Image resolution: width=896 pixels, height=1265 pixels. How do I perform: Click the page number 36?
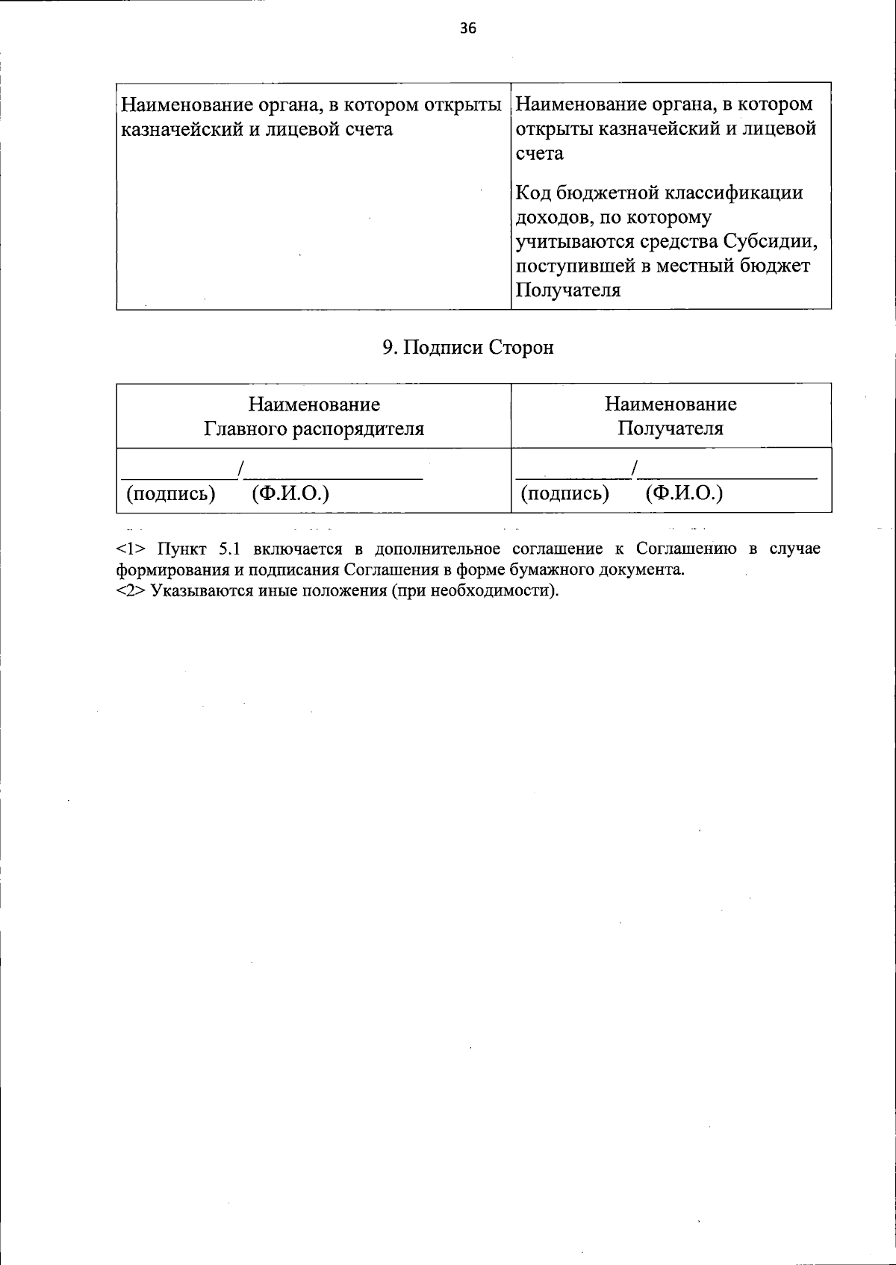[467, 29]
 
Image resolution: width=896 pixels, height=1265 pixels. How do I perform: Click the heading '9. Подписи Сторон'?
[468, 348]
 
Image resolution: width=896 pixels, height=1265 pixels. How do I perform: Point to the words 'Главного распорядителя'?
[314, 429]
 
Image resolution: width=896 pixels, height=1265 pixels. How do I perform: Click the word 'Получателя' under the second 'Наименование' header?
[671, 429]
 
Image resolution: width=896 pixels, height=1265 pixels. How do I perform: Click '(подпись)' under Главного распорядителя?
[171, 493]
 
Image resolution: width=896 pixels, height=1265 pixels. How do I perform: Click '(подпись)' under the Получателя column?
[565, 493]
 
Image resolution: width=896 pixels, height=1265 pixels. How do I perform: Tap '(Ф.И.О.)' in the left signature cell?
[291, 493]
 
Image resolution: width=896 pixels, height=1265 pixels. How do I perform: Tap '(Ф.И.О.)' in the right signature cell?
[685, 493]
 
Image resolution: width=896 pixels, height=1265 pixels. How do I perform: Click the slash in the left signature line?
[241, 469]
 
